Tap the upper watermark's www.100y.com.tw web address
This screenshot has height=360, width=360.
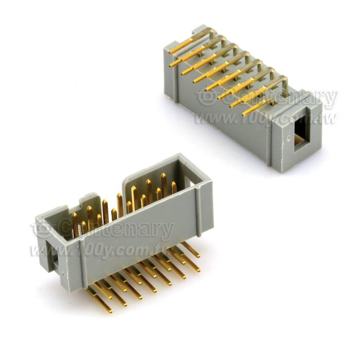click(x=266, y=118)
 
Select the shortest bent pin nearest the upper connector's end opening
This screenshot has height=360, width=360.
click(x=258, y=107)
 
